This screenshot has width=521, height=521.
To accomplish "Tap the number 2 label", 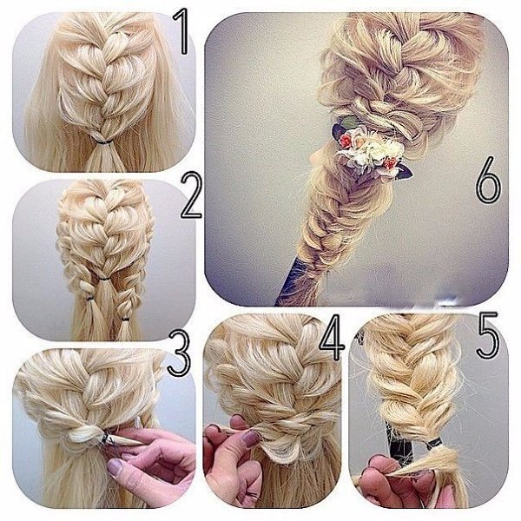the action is point(191,197).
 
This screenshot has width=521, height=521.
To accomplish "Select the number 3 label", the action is point(179,353).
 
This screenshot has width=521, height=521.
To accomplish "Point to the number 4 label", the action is point(332,337).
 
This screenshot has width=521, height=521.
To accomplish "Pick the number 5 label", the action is point(488,335).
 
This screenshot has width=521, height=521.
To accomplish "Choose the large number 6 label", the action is point(488,180).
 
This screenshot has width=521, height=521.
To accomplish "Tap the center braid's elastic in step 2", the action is point(105,279).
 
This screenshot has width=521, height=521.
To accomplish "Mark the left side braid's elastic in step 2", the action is point(90,298).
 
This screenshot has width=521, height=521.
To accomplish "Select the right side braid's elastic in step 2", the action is point(125,320).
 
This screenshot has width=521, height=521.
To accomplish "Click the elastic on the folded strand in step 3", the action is point(106,438).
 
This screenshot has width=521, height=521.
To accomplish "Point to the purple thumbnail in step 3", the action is point(115,467).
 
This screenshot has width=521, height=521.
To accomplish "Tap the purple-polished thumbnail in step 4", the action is point(251,438).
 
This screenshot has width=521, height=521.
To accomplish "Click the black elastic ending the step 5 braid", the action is point(436,443).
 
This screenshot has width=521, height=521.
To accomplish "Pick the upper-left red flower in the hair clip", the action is point(346,142).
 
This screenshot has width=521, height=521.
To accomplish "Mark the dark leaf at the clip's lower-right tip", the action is point(406,173).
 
